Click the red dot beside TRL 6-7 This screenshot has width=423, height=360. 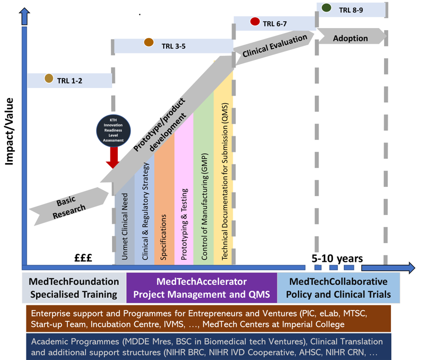pos(255,22)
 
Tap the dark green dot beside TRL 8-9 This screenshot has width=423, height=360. pos(326,7)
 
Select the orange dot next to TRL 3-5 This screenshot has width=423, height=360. pos(149,42)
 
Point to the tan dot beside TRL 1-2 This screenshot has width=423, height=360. pos(49,78)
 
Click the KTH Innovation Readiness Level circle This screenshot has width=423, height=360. pos(113,130)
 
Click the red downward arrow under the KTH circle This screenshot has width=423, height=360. pos(113,158)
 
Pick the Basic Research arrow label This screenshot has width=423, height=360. pos(69,207)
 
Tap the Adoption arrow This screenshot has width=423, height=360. pos(350,38)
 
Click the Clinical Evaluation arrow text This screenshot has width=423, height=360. pos(275,46)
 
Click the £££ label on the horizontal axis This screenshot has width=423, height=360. pos(83,257)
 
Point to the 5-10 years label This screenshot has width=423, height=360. pos(337,258)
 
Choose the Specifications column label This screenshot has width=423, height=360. pos(163,237)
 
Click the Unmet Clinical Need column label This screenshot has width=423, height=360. pos(125,227)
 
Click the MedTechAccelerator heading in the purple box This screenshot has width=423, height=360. pos(201,281)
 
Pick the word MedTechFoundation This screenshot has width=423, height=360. pos(74,281)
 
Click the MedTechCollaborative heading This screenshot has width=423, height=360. pos(338,281)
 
